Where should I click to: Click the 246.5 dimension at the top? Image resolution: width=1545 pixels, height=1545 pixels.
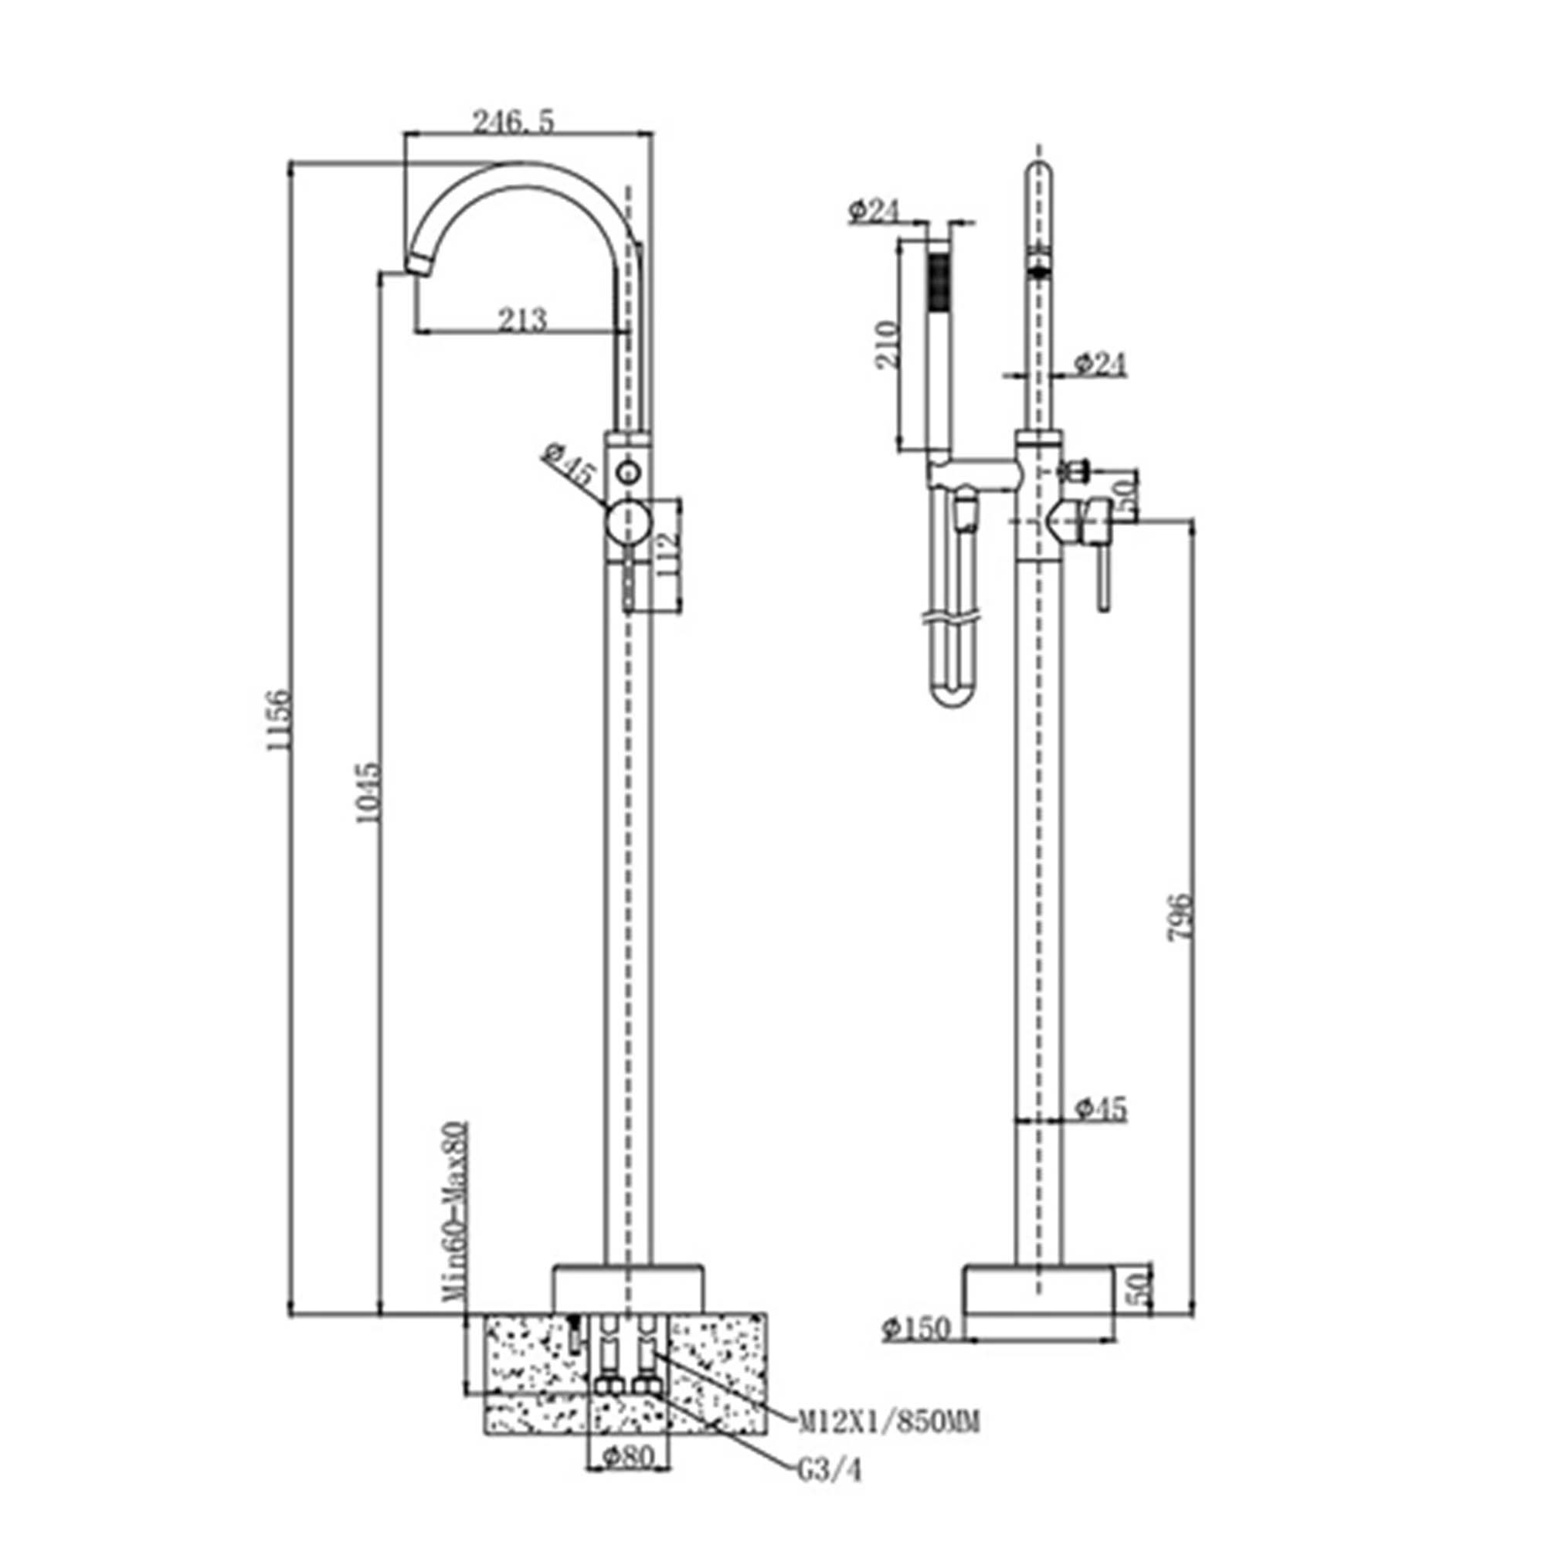point(513,122)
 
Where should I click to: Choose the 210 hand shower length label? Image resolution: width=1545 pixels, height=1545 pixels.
point(886,345)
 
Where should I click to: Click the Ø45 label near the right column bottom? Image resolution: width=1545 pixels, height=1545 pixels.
point(1101,1109)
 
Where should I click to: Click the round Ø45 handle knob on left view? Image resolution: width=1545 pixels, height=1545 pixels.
point(629,522)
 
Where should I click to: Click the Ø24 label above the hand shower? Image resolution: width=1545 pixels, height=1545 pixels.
point(873,211)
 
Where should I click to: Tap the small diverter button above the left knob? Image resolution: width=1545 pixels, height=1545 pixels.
point(629,472)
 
